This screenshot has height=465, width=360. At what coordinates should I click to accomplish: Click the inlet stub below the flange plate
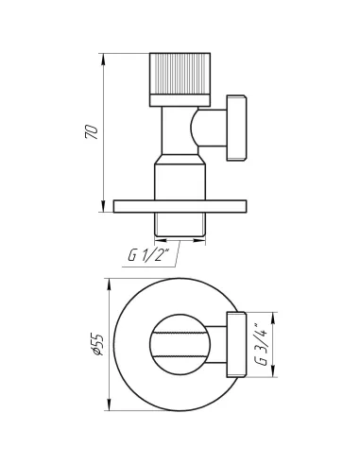[180, 224]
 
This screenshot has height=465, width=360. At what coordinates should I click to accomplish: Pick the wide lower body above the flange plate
[180, 179]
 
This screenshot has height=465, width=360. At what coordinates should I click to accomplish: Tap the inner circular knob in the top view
[180, 344]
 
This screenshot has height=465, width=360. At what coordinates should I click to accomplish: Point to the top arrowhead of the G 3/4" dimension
[275, 313]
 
